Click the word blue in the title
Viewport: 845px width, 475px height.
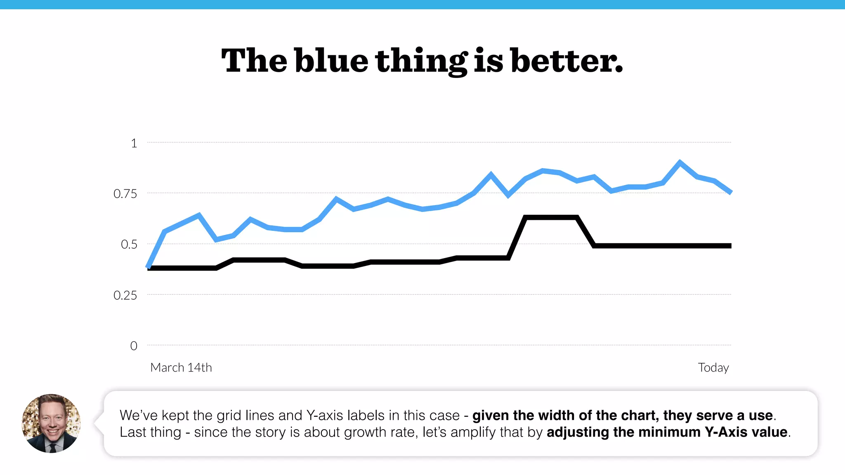pyautogui.click(x=331, y=61)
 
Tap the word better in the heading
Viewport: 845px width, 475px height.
pyautogui.click(x=566, y=61)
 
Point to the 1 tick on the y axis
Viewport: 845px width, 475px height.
pyautogui.click(x=134, y=143)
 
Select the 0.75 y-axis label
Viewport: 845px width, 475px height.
pyautogui.click(x=125, y=194)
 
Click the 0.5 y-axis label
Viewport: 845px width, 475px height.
pyautogui.click(x=129, y=245)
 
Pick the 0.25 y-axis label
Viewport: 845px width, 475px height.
pyautogui.click(x=125, y=295)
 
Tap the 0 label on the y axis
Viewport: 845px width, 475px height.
pyautogui.click(x=134, y=346)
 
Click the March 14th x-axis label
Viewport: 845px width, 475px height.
pyautogui.click(x=181, y=367)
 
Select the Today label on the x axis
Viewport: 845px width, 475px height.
pyautogui.click(x=713, y=367)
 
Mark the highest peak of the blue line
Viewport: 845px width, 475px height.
pyautogui.click(x=680, y=162)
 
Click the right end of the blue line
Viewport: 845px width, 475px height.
pyautogui.click(x=730, y=192)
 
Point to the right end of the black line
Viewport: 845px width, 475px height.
pyautogui.click(x=729, y=246)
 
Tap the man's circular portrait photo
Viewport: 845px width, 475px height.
pyautogui.click(x=51, y=423)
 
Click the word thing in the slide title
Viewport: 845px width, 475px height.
pyautogui.click(x=421, y=61)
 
